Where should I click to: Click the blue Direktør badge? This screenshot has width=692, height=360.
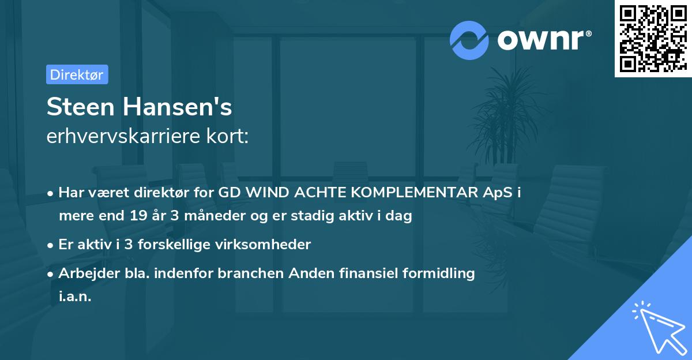coord(77,75)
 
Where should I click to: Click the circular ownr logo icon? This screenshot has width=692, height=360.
coord(469,40)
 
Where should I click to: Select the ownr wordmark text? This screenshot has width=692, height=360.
coord(543,40)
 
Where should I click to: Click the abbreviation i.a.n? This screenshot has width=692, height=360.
coord(75,297)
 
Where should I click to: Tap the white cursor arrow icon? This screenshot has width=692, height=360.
coord(657,327)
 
